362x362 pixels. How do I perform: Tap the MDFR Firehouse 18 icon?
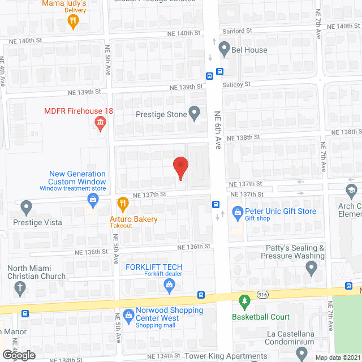point(101,124)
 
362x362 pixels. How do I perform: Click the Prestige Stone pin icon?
point(195,114)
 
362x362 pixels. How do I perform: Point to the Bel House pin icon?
point(225,49)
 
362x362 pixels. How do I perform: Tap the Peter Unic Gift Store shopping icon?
point(237,212)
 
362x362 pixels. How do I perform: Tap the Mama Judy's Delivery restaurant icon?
point(72,21)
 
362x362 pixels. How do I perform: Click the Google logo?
point(19,355)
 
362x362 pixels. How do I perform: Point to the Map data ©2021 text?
point(337,357)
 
